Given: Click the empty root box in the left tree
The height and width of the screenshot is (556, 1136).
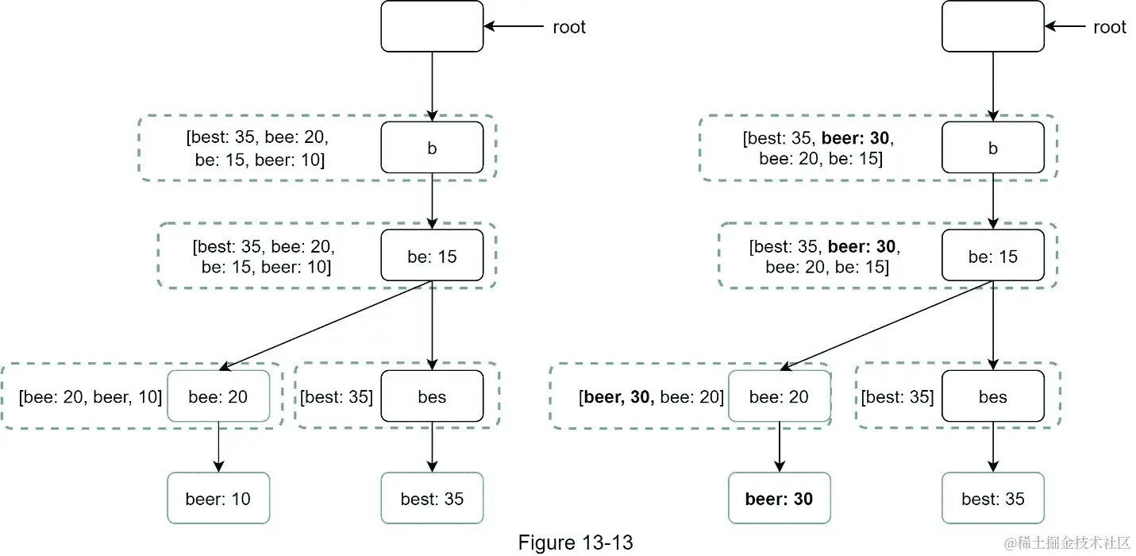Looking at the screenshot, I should (432, 26).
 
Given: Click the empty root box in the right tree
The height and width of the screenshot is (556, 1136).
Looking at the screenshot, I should (992, 26).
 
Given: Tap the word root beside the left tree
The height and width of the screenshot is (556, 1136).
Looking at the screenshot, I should (568, 27).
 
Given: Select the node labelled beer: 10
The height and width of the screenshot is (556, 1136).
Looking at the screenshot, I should (218, 499).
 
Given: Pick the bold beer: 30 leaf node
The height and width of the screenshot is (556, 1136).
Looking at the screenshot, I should (779, 499).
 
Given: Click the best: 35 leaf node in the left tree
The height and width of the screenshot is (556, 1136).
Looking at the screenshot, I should (432, 499).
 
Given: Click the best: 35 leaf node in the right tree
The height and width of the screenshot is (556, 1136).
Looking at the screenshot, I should (992, 499).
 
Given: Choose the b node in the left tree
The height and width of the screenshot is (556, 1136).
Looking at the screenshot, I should (432, 148).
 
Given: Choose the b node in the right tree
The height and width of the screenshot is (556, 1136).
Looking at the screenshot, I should (992, 148).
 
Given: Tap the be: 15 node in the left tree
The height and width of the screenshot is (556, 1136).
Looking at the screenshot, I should (432, 256).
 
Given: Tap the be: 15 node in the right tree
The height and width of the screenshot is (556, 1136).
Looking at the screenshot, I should (992, 256).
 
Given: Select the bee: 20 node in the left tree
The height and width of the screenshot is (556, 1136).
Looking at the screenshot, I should (218, 396).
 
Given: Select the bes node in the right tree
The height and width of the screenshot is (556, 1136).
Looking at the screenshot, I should (992, 396).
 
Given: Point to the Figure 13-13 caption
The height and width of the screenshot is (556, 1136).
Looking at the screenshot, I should (575, 542).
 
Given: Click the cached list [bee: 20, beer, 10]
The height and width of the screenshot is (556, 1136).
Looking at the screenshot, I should (90, 396).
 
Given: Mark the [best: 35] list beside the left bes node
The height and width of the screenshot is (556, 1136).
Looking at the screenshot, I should (337, 396).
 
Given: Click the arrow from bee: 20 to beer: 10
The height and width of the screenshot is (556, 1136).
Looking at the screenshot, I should (218, 447).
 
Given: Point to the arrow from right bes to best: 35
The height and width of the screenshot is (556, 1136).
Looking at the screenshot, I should (992, 447).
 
